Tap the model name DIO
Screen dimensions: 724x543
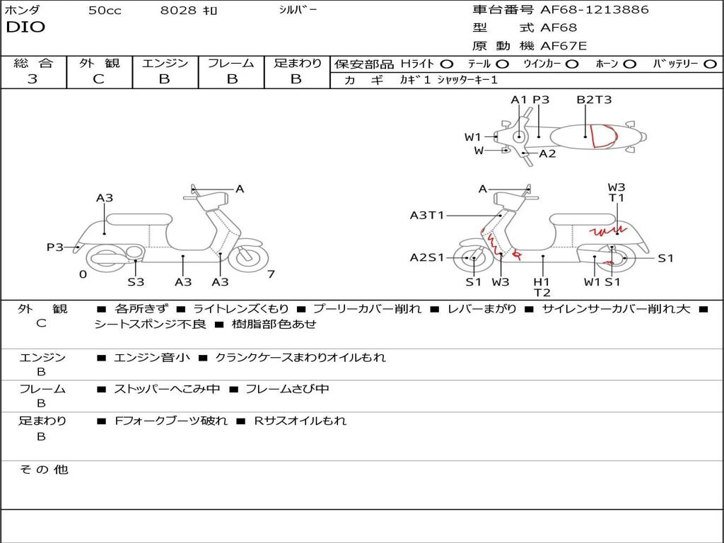point(25,28)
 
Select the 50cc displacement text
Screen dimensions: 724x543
point(105,11)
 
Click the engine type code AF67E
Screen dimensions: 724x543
point(563,46)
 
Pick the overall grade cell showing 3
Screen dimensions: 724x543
point(33,79)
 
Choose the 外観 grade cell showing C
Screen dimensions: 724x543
point(98,79)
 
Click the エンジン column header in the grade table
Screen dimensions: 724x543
point(165,63)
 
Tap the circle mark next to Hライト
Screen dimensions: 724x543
point(446,64)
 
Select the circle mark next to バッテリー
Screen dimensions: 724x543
point(710,64)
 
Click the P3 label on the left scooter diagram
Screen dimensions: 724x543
point(55,247)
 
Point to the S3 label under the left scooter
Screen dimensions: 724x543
point(136,282)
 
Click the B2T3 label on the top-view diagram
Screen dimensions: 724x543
point(594,100)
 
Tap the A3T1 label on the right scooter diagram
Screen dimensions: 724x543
point(426,215)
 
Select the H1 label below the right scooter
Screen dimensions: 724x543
point(542,281)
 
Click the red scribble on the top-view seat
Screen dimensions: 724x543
point(602,135)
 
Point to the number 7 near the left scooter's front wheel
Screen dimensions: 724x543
point(270,274)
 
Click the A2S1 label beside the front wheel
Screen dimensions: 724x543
point(426,258)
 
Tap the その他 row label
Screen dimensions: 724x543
point(43,469)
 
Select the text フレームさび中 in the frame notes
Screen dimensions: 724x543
point(287,389)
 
